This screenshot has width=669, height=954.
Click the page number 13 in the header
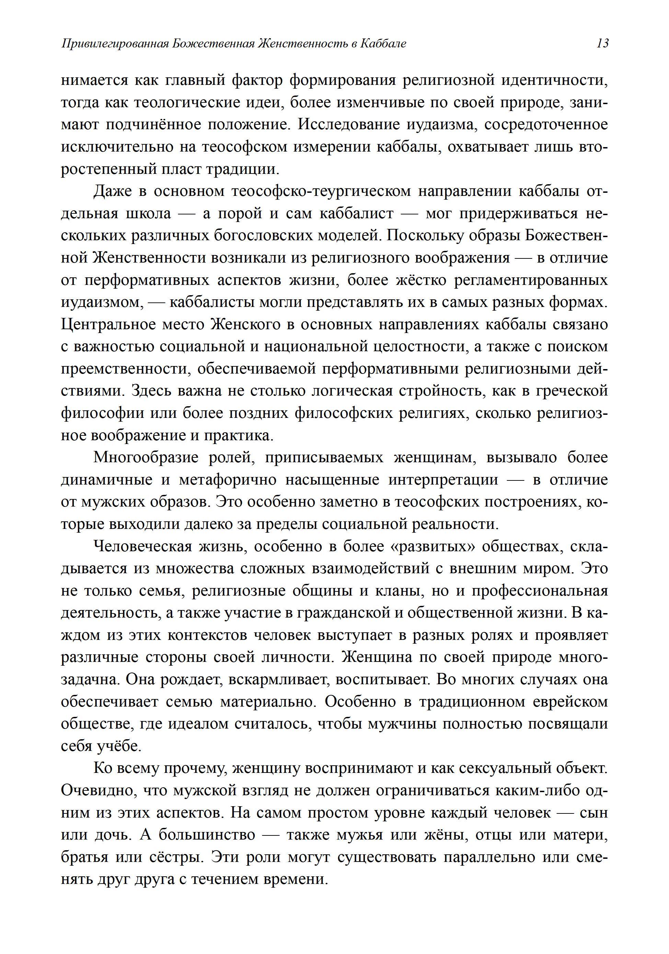coord(602,43)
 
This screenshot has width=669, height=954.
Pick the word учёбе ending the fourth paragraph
coord(119,746)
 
